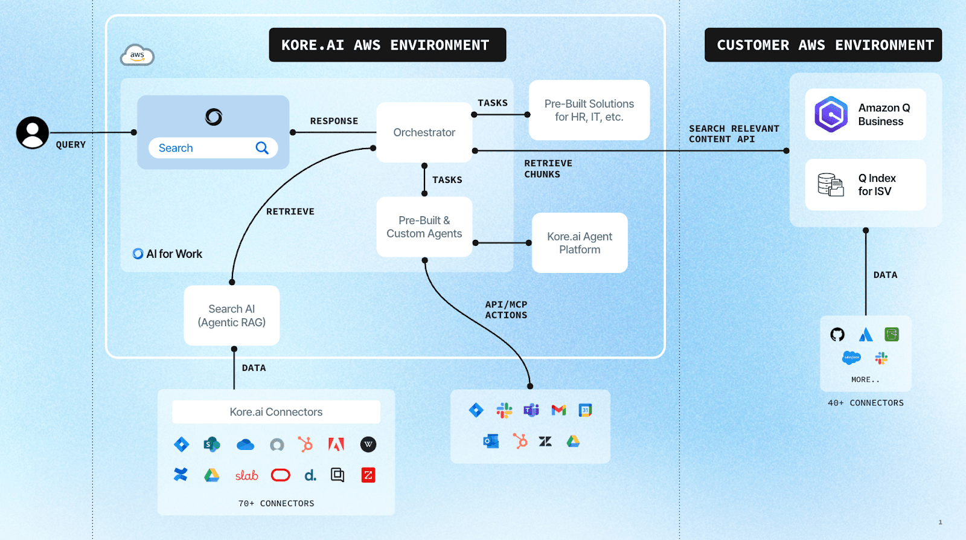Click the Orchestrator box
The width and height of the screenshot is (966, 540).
[x=424, y=132]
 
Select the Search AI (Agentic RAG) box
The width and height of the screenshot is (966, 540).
[x=232, y=315]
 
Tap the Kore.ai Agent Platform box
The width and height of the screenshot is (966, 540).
[x=580, y=243]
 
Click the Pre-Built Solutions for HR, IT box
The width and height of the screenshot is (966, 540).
[x=589, y=111]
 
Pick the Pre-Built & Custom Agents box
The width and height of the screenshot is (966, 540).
[x=424, y=227]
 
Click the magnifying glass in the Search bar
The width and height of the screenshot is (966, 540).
[x=262, y=148]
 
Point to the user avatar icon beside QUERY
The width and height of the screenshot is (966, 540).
[x=33, y=133]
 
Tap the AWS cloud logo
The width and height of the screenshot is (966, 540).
[x=137, y=56]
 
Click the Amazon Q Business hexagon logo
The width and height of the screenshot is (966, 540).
[x=831, y=114]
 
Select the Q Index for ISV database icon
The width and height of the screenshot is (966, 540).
[x=831, y=185]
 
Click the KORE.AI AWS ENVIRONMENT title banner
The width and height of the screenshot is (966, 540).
[x=387, y=45]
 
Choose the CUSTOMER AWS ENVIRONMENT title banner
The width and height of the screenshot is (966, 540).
[x=823, y=45]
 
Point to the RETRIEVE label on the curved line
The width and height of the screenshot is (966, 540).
[x=290, y=211]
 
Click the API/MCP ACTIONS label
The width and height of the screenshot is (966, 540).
[x=506, y=310]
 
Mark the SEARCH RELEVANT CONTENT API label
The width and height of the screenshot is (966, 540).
[x=734, y=133]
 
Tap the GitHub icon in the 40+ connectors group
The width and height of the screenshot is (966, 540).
[x=837, y=335]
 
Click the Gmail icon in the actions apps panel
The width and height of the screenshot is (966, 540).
[x=558, y=411]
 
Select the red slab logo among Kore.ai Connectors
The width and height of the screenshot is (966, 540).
[x=246, y=475]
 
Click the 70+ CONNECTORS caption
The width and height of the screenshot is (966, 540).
[x=276, y=503]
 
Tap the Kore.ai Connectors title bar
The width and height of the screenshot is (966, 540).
[x=276, y=412]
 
